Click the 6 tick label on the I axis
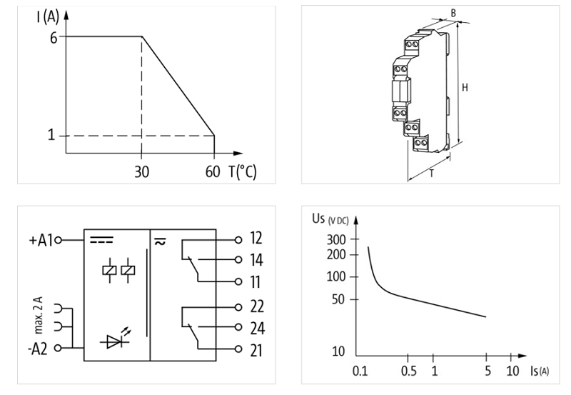(x=52, y=36)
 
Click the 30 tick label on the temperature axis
(x=141, y=172)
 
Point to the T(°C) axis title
(x=243, y=172)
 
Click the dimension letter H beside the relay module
(x=465, y=87)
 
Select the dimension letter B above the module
(x=453, y=13)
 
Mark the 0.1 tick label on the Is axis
(x=361, y=372)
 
